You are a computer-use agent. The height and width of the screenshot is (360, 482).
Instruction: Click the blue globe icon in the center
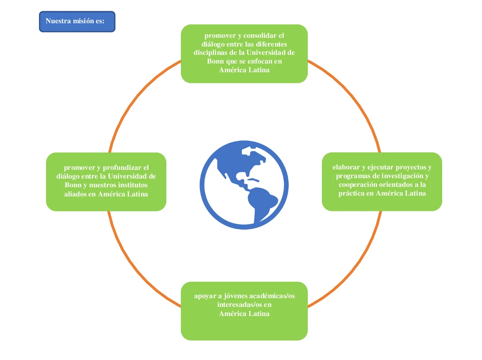click(244, 185)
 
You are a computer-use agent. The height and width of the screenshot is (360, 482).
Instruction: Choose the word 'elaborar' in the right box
click(346, 167)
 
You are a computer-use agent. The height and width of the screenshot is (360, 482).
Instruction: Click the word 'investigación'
click(402, 176)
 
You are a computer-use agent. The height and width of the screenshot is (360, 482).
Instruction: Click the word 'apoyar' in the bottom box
click(204, 296)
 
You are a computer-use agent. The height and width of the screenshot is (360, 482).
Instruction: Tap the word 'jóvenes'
click(234, 296)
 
